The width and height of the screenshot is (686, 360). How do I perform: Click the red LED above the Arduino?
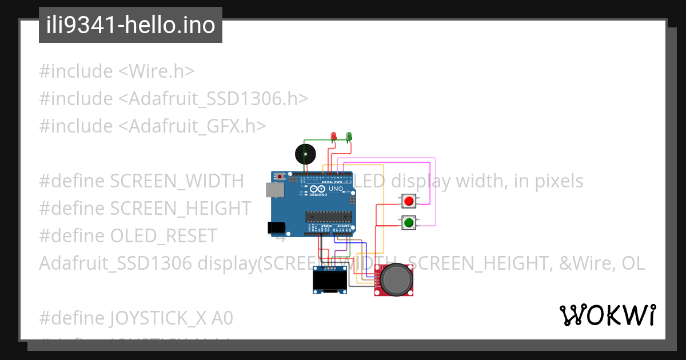[334, 136]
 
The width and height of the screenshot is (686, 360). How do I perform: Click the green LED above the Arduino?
[349, 136]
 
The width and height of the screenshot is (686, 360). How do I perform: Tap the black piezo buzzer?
[305, 154]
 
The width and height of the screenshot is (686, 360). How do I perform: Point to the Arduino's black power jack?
[276, 227]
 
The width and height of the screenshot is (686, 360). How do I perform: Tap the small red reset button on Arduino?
[280, 177]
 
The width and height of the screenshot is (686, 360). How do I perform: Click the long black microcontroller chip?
[326, 215]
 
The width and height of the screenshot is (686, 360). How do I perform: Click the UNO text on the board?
[336, 189]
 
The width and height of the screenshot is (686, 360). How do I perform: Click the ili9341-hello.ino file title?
[130, 25]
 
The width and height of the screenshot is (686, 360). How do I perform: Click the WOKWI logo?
[607, 315]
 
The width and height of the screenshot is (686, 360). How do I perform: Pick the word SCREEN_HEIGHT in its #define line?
[181, 209]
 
